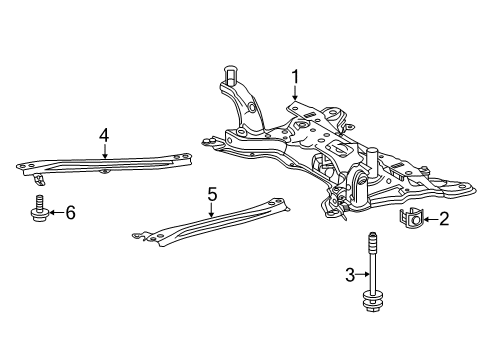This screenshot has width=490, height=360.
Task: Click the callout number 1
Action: click(x=295, y=75)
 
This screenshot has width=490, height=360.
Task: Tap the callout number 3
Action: click(x=349, y=274)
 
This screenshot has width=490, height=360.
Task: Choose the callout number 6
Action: click(x=70, y=212)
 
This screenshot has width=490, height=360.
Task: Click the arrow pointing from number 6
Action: click(x=53, y=212)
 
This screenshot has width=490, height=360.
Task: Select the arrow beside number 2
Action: click(x=429, y=218)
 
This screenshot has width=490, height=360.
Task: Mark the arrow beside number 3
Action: click(x=364, y=274)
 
